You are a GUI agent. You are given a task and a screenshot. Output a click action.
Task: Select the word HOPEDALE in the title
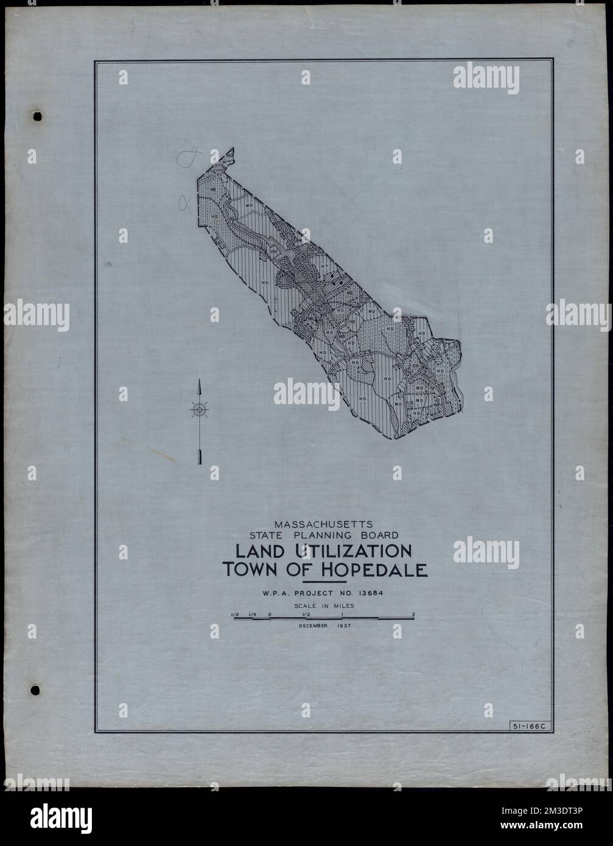click(377, 570)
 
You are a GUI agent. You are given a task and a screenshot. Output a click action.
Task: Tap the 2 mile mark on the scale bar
click(413, 614)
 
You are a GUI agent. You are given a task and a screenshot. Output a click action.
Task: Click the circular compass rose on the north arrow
click(199, 410)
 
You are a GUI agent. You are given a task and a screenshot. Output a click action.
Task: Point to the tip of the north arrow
click(199, 380)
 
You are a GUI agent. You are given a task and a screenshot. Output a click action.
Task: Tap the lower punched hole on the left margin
click(35, 689)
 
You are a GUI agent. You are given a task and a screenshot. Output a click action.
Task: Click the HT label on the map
click(324, 265)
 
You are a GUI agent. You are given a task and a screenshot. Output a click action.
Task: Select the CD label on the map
click(415, 366)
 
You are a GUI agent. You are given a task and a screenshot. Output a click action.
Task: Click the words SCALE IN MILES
click(323, 606)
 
